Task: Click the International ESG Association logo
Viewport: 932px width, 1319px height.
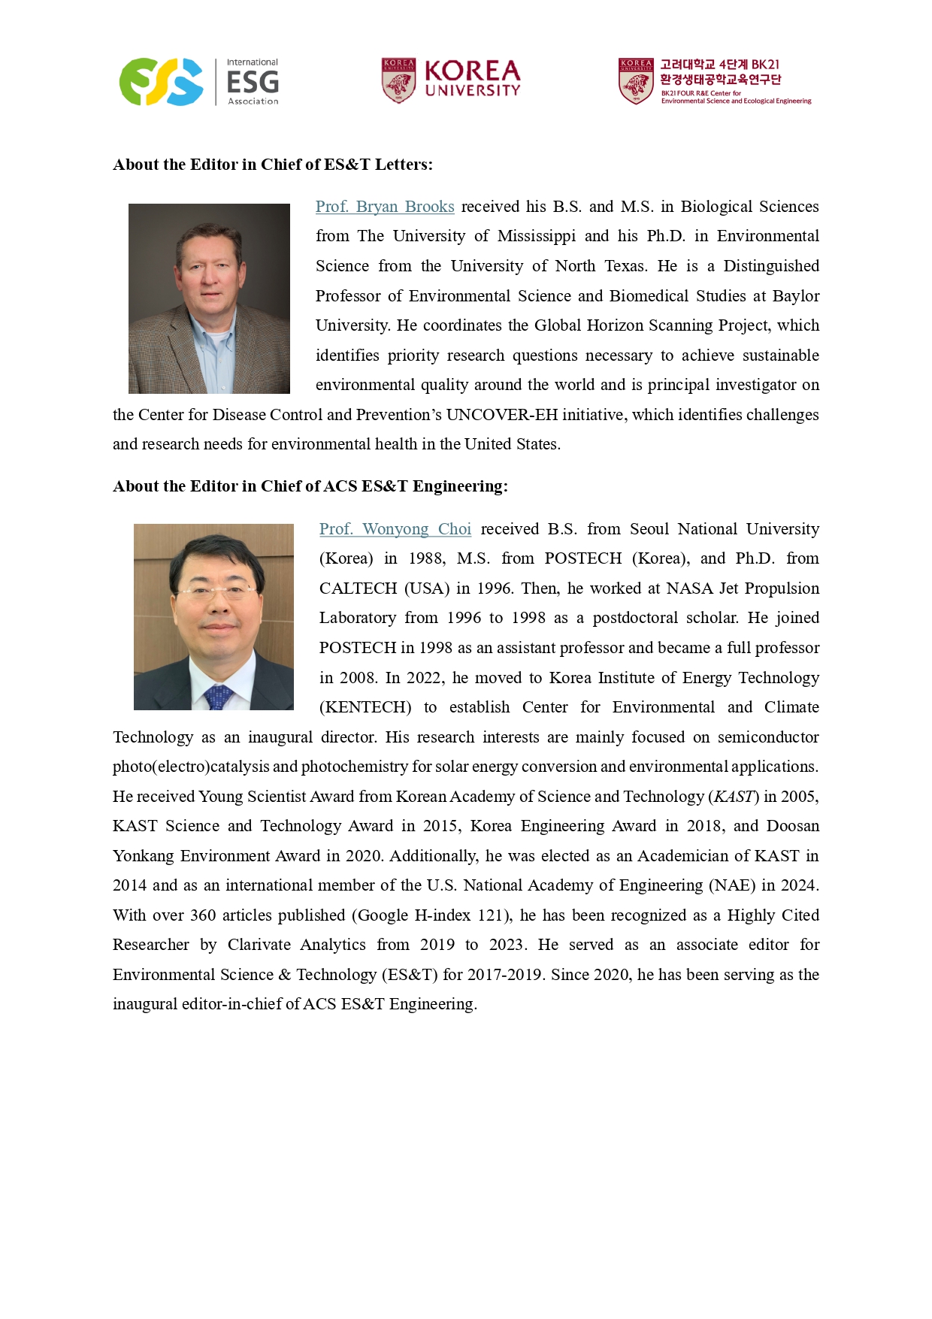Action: pos(199,82)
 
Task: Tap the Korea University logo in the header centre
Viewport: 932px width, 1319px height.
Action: pos(450,80)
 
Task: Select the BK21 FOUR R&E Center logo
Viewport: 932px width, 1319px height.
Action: pos(714,81)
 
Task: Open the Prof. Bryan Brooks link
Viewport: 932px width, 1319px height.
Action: pos(385,207)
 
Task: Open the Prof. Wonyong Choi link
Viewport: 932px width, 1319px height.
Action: pos(395,529)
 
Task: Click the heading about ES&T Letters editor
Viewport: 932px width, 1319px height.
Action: pos(273,165)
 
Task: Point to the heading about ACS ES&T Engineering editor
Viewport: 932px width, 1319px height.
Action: pos(310,486)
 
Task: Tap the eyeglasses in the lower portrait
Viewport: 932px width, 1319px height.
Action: pos(214,590)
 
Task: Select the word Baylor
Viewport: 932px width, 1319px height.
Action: pos(796,296)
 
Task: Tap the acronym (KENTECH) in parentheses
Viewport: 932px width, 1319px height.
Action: pos(365,707)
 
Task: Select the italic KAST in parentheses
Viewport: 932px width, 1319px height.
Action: pos(734,797)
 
